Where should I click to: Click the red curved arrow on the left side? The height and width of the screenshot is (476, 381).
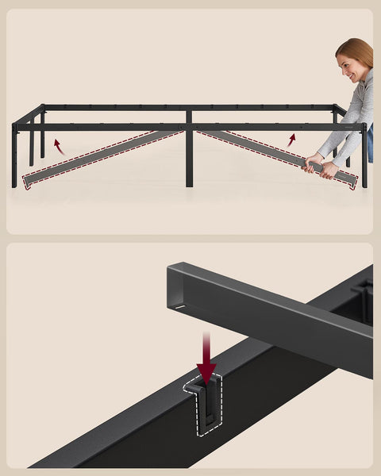[x=57, y=146]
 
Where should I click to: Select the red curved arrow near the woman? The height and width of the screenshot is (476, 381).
[x=291, y=140]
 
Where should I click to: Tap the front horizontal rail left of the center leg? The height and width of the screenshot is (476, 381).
[x=103, y=126]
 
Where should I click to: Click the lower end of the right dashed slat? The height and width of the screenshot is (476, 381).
[x=350, y=182]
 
